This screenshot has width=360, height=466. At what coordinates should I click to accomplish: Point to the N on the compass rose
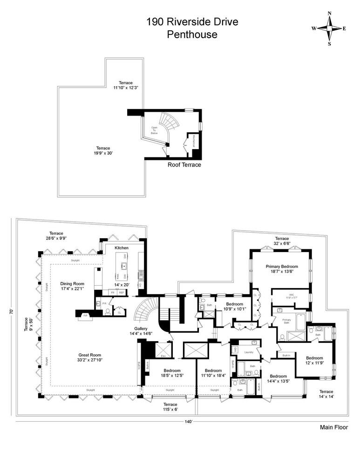(330, 14)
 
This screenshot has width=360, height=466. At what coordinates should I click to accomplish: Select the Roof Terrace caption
(184, 165)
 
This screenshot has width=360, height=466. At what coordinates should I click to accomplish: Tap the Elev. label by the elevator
(164, 356)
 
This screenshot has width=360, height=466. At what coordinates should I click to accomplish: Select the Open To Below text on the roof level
(154, 131)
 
